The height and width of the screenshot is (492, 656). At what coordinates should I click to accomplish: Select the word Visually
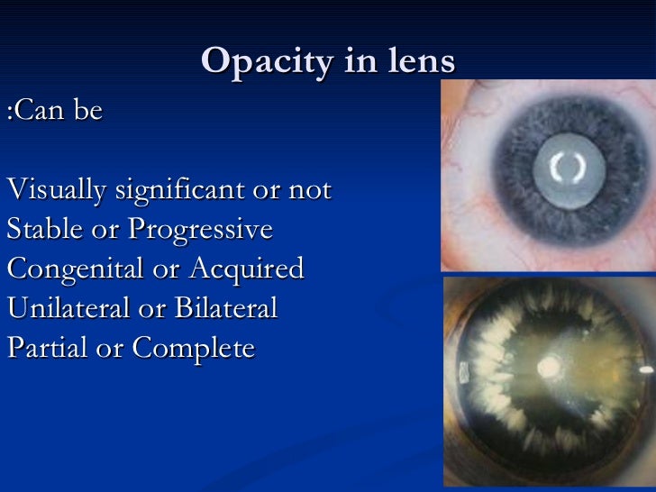pos(56,191)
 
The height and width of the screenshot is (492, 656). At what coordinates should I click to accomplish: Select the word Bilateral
pos(224,308)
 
